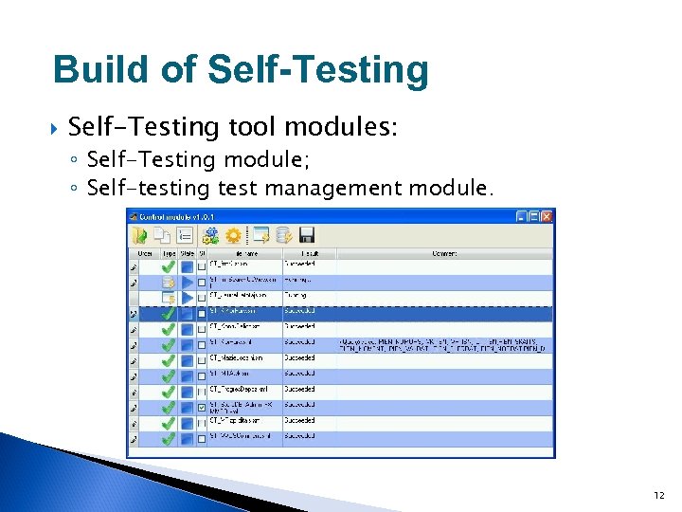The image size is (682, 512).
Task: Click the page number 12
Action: point(658,495)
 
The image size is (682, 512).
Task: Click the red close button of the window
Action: point(547,217)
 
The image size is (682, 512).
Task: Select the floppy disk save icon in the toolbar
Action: point(306,235)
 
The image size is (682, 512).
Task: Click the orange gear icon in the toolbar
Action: point(232,235)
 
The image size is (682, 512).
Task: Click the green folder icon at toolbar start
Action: point(140,235)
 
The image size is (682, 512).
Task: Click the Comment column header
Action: point(444,253)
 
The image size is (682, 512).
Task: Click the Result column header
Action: point(309,253)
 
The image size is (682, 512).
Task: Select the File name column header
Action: point(243,253)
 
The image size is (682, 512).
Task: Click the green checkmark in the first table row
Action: point(168,265)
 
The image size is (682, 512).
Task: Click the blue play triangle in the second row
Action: point(187,282)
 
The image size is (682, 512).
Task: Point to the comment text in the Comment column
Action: point(442,344)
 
